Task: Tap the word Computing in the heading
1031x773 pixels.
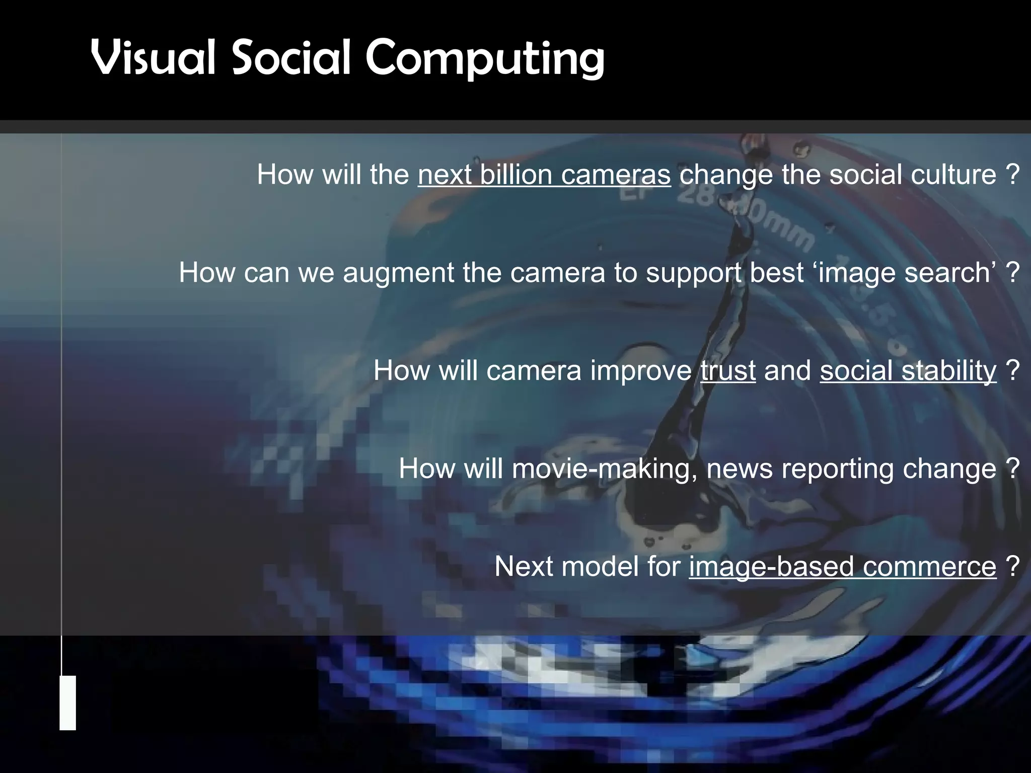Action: (484, 59)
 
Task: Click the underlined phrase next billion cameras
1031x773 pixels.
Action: (544, 175)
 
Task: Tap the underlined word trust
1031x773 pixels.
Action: (728, 371)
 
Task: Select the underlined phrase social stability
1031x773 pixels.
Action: (908, 371)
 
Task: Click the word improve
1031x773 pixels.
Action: (641, 371)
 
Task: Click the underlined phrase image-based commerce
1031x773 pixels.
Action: (842, 567)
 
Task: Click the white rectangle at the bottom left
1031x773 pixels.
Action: (67, 703)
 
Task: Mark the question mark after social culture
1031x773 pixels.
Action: (1013, 175)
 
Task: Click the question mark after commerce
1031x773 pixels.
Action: (1013, 567)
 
